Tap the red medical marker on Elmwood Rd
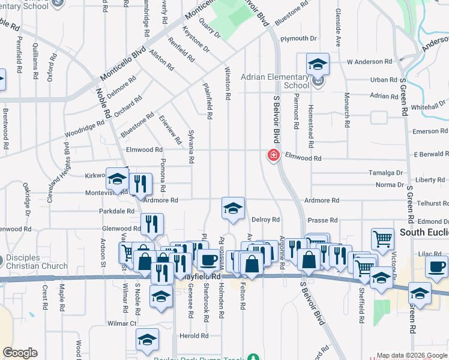click(273, 156)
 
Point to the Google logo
click(20, 353)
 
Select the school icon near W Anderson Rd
click(318, 64)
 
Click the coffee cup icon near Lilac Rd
click(436, 266)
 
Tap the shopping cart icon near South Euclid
click(382, 239)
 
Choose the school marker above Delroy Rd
click(233, 208)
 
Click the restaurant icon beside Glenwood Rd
click(152, 224)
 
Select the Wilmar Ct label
click(122, 323)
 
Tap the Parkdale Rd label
click(116, 211)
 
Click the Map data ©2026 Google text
click(411, 355)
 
